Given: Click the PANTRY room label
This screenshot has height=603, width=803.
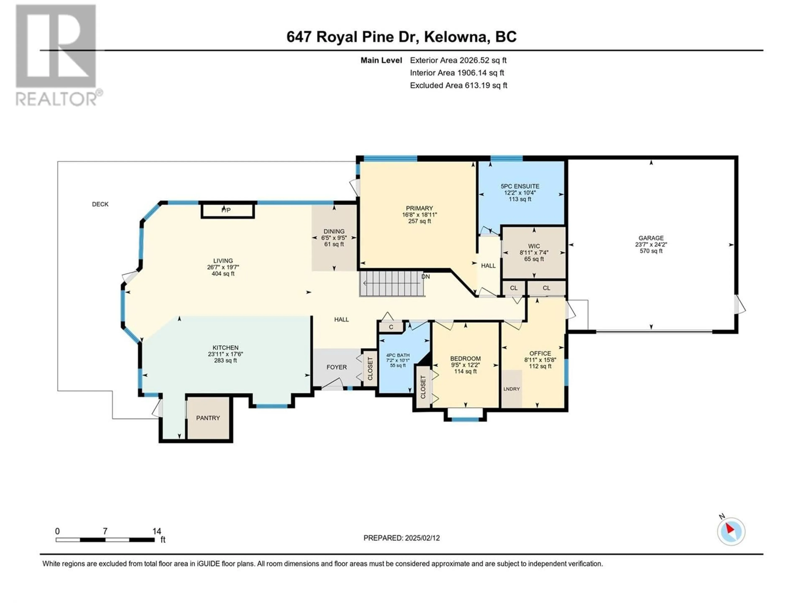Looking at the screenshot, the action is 208,418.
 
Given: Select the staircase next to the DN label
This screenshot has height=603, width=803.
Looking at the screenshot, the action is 392,283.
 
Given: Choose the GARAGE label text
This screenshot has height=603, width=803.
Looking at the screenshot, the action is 651,238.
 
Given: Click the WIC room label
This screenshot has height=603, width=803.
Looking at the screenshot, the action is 534,246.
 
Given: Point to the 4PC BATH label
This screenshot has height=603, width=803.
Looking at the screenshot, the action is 398,355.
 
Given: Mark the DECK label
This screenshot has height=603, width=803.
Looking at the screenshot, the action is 100,204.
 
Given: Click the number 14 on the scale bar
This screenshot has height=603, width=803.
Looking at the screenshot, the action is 156,531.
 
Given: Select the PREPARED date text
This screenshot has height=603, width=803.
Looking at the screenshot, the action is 401,538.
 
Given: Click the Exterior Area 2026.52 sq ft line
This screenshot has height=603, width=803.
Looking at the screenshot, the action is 458,60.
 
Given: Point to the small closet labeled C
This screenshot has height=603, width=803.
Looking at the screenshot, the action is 391,327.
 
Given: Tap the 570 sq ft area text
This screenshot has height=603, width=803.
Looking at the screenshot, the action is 651,251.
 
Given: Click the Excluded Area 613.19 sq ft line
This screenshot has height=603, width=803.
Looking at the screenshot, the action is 459,85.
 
